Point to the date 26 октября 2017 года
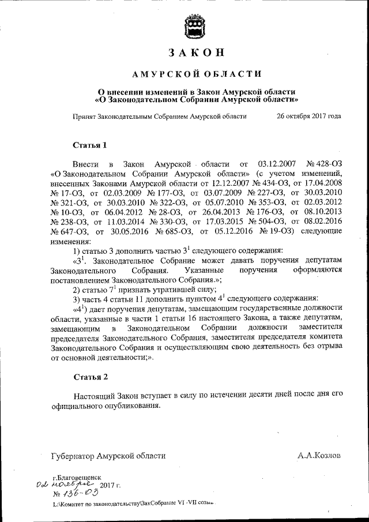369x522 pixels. click(308, 116)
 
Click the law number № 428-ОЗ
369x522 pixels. click(325, 164)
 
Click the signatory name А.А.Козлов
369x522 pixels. click(319, 455)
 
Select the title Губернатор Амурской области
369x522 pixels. click(108, 455)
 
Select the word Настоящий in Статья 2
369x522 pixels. click(93, 396)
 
